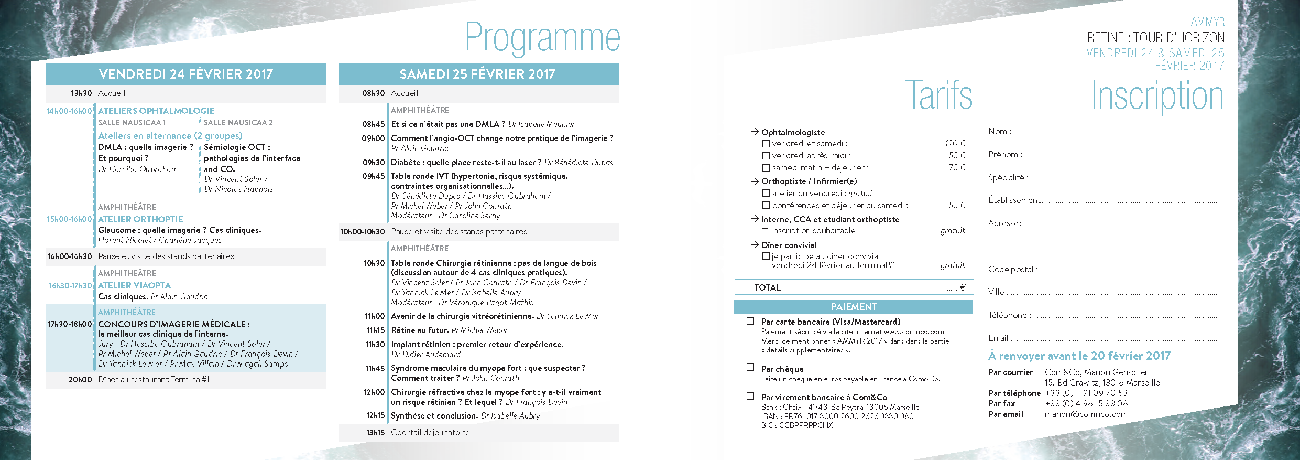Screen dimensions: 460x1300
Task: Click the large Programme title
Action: pos(542,37)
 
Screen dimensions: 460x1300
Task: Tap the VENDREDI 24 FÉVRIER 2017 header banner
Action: pos(186,74)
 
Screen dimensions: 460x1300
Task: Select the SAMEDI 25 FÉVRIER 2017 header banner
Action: pos(478,74)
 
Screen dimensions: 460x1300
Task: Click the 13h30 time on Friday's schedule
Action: pos(81,93)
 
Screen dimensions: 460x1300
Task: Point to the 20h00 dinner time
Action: pos(80,380)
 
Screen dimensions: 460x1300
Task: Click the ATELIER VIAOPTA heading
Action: pos(135,285)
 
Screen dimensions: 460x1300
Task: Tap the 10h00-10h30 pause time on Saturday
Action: pos(362,232)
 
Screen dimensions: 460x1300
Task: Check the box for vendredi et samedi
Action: pos(766,144)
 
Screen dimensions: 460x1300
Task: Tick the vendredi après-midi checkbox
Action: pos(766,156)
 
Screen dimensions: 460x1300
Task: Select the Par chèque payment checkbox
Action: pos(750,368)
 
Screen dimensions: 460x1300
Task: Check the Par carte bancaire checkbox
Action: pos(750,321)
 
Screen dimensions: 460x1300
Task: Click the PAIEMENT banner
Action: pos(854,307)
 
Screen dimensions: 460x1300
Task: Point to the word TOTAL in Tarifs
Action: pos(767,287)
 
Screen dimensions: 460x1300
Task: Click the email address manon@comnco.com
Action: pos(1086,414)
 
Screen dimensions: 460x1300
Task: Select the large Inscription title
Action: pos(1157,96)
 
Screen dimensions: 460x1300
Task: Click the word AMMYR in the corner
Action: pos(1208,22)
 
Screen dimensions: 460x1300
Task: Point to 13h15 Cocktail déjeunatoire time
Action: pos(375,433)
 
